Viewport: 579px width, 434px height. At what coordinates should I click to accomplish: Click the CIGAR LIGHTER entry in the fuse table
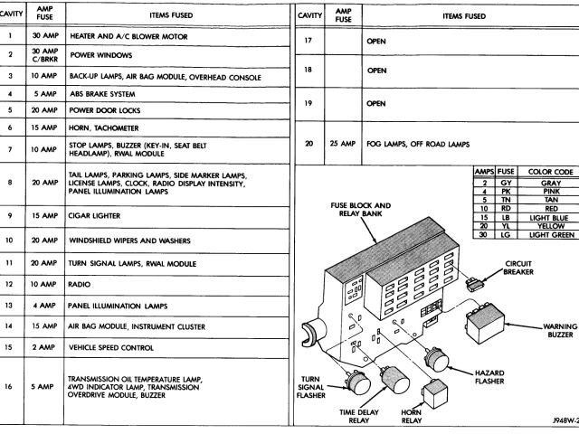point(95,217)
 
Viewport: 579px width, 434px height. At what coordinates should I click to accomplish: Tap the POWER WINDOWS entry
point(96,55)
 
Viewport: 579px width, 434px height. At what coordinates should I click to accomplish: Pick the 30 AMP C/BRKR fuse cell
point(44,55)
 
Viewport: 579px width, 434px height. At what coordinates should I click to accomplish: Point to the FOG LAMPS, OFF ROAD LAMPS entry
point(417,145)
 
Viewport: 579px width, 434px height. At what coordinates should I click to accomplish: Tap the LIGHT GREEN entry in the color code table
point(551,235)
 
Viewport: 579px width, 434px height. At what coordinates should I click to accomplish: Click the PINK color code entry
point(551,192)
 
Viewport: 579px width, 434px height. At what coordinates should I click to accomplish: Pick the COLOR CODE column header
point(551,171)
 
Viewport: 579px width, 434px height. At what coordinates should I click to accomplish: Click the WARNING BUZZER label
point(558,331)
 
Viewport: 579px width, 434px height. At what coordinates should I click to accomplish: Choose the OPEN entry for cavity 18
point(375,70)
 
